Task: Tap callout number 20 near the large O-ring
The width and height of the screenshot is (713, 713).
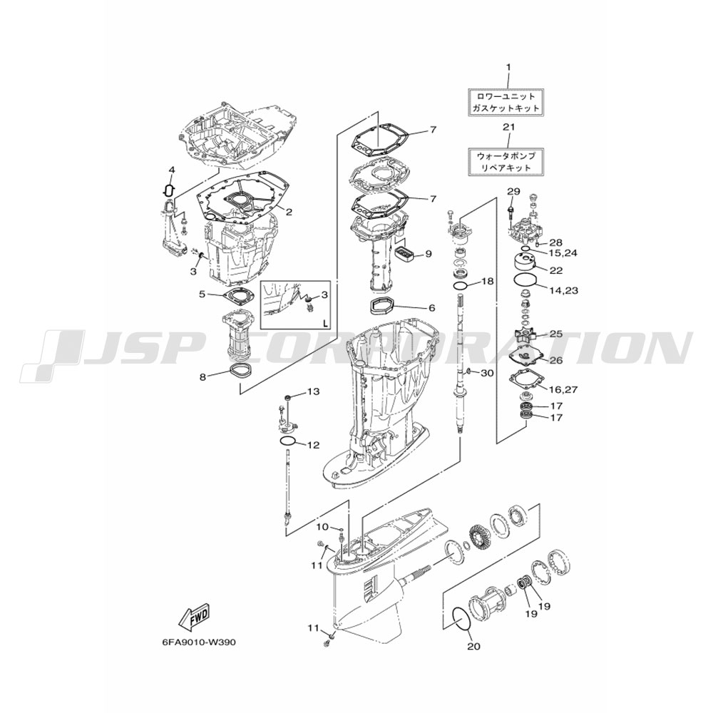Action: click(x=473, y=646)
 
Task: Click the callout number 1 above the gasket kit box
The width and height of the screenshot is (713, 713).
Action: click(x=508, y=67)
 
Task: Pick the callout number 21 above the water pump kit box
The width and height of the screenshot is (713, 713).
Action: click(x=508, y=127)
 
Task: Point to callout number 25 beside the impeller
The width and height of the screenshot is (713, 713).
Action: click(x=556, y=334)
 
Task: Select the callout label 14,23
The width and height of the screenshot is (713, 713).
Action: click(x=563, y=290)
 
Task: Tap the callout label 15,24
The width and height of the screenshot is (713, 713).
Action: click(x=563, y=253)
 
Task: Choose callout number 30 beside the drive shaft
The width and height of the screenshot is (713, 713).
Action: click(x=486, y=374)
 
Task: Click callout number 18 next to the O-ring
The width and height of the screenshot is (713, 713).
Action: click(x=487, y=282)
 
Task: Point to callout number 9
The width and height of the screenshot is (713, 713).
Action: click(x=429, y=254)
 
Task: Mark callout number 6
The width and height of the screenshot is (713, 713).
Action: click(x=431, y=308)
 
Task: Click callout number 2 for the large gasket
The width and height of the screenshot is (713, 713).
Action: click(x=288, y=212)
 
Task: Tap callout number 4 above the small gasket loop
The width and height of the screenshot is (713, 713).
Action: click(x=171, y=170)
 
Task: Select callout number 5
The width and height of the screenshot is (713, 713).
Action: click(x=202, y=294)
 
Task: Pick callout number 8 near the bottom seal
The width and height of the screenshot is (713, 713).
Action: click(x=202, y=376)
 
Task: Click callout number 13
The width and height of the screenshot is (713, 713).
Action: click(x=314, y=391)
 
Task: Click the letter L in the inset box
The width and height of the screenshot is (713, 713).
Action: click(x=325, y=324)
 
